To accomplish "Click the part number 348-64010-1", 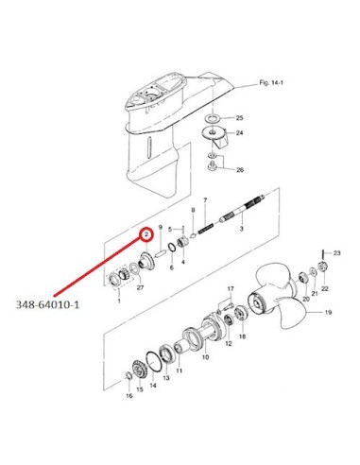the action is tap(47, 305).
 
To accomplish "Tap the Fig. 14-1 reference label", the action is tap(271, 83).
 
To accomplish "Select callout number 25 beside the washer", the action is tap(240, 118).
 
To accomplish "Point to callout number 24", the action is tap(240, 133).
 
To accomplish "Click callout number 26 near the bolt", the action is tap(240, 170).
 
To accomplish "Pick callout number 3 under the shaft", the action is tap(242, 229).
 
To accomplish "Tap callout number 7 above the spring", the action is tap(205, 200).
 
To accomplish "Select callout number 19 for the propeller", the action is tap(328, 313).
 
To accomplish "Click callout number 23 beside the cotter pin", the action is tap(337, 253).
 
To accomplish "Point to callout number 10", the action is tap(205, 357).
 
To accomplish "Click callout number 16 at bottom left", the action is tap(129, 396).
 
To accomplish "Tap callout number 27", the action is tap(140, 287).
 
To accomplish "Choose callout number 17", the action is tap(231, 288).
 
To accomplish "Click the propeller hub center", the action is tap(256, 303).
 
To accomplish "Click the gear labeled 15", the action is tap(138, 370).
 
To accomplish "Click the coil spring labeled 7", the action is tap(206, 227).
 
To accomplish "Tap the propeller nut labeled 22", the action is tap(322, 267).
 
